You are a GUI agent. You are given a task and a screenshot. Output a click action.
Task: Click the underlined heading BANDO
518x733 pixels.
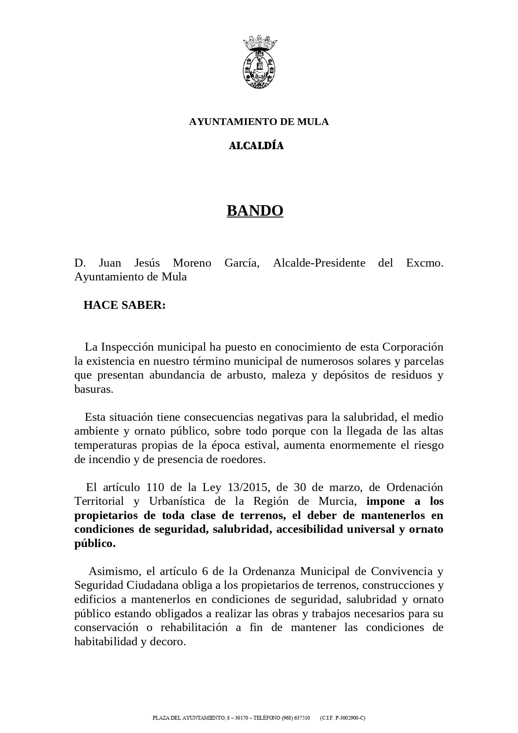click(255, 211)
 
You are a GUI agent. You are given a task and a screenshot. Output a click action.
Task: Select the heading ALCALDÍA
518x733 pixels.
click(256, 146)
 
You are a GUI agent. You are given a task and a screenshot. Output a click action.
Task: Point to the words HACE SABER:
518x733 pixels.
click(124, 305)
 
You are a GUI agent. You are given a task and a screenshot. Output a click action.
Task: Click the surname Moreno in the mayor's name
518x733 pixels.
click(192, 263)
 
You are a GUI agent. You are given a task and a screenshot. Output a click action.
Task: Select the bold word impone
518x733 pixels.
click(386, 501)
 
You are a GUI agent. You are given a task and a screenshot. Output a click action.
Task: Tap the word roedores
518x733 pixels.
click(245, 459)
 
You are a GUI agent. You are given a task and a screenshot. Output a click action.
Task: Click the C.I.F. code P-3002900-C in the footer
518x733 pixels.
click(350, 718)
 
